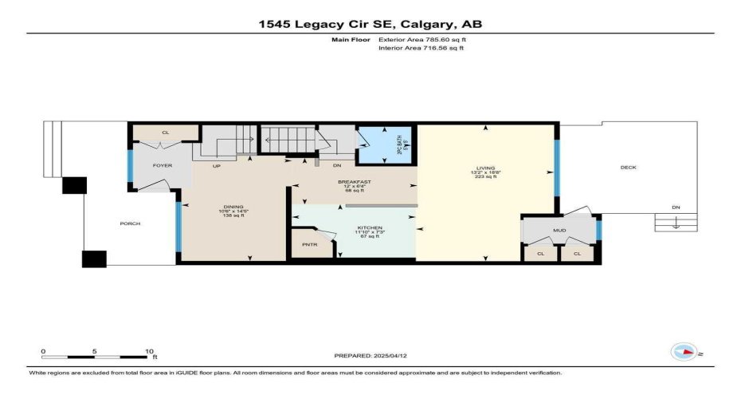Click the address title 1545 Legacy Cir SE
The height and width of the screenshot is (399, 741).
point(370,24)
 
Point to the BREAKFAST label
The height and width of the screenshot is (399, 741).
point(354,182)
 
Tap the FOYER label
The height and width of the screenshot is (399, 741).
point(163,165)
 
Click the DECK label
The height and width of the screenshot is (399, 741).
point(629,167)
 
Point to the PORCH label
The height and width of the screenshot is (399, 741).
point(130,223)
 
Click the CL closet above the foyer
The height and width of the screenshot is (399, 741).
point(165,132)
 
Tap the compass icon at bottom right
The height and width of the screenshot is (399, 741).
point(683,352)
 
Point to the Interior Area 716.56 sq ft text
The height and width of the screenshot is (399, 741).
point(420,48)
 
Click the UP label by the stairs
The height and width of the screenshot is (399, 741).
point(216,166)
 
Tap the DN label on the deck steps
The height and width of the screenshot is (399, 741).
point(676,207)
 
